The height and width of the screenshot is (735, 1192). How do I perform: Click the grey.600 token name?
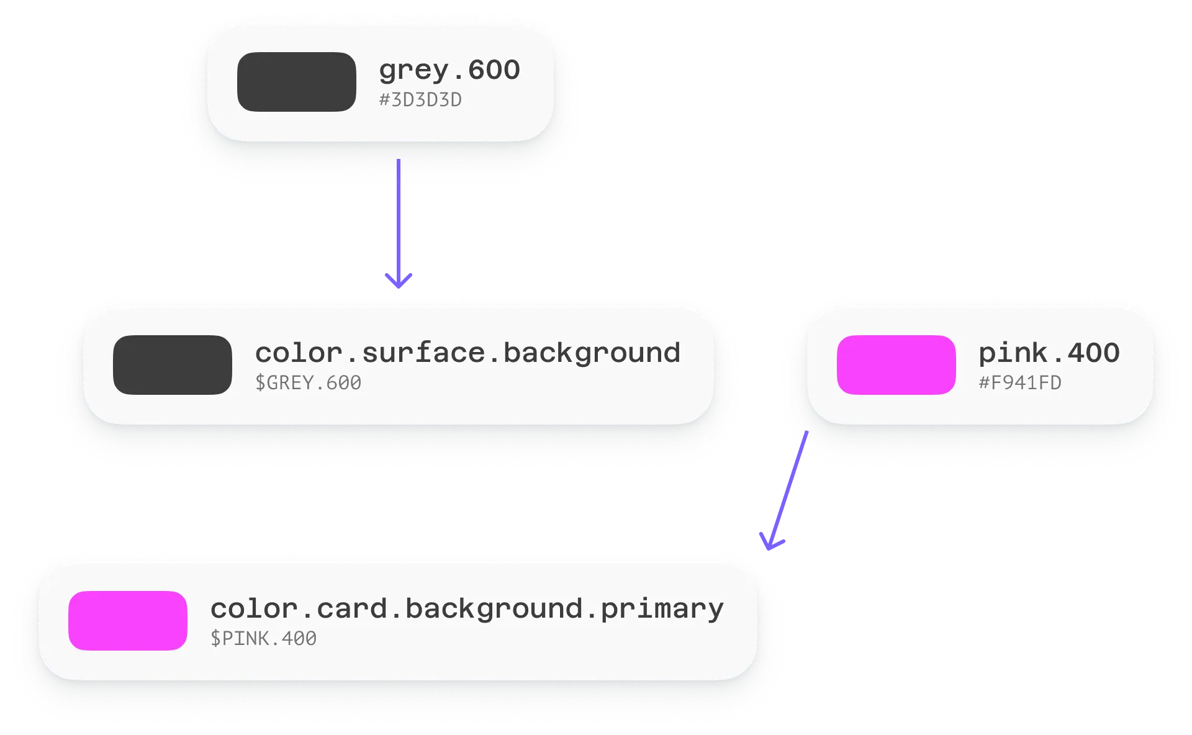pyautogui.click(x=449, y=70)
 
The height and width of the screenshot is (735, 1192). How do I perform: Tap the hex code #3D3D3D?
pyautogui.click(x=420, y=100)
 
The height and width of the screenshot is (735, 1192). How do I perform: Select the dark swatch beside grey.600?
pyautogui.click(x=296, y=82)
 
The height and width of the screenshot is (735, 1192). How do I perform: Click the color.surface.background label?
pyautogui.click(x=467, y=353)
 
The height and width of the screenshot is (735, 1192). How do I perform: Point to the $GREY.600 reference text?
pyautogui.click(x=308, y=383)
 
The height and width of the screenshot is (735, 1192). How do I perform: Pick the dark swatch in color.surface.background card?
pyautogui.click(x=172, y=365)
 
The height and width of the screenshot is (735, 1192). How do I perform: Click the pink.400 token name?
pyautogui.click(x=1049, y=353)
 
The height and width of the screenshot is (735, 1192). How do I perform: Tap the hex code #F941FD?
pyautogui.click(x=1020, y=383)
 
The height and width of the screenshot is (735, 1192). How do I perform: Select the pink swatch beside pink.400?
pyautogui.click(x=896, y=365)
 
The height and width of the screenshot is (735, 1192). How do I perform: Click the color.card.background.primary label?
pyautogui.click(x=467, y=609)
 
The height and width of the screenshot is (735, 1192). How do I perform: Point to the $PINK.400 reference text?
pyautogui.click(x=263, y=639)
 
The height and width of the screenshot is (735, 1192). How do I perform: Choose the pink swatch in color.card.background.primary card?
pyautogui.click(x=127, y=621)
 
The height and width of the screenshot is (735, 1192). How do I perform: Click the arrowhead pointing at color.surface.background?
pyautogui.click(x=399, y=282)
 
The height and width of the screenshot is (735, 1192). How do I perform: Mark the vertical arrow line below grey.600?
pyautogui.click(x=399, y=217)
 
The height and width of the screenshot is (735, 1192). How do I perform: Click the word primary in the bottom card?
pyautogui.click(x=662, y=609)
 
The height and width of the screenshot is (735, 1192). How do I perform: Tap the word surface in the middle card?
pyautogui.click(x=423, y=353)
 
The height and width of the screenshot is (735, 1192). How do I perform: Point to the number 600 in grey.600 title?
pyautogui.click(x=494, y=70)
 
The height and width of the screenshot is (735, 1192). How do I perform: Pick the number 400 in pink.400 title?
pyautogui.click(x=1093, y=353)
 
